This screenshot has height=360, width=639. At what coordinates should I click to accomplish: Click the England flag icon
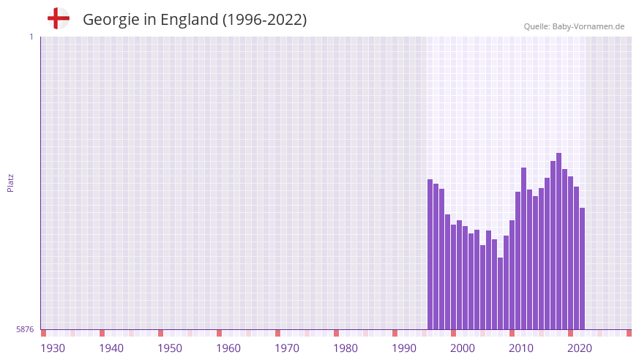(58, 18)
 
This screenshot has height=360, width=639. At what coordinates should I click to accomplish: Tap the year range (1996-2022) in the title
(264, 20)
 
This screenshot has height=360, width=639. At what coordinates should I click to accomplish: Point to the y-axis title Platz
(10, 183)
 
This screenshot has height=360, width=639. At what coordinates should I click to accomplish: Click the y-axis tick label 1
(31, 37)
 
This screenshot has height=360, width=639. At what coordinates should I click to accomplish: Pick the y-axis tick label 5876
(25, 330)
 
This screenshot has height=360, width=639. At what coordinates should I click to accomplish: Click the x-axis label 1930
(53, 348)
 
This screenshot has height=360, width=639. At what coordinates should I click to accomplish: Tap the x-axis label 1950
(170, 348)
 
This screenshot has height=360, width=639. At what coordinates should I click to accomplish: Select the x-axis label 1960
(228, 348)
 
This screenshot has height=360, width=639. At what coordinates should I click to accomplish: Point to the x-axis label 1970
(287, 348)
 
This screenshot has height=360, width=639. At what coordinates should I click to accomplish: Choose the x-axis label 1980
(345, 348)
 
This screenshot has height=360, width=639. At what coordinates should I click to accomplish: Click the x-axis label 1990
(404, 348)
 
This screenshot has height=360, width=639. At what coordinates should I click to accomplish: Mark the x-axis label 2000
(463, 348)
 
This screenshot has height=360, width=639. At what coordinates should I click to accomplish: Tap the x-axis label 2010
(521, 348)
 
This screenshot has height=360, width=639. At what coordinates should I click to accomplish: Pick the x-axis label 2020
(580, 348)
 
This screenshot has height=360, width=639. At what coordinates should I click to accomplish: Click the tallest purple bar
(559, 241)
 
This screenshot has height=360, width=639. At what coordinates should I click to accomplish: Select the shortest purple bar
(501, 293)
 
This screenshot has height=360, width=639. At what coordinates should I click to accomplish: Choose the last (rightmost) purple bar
(583, 269)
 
